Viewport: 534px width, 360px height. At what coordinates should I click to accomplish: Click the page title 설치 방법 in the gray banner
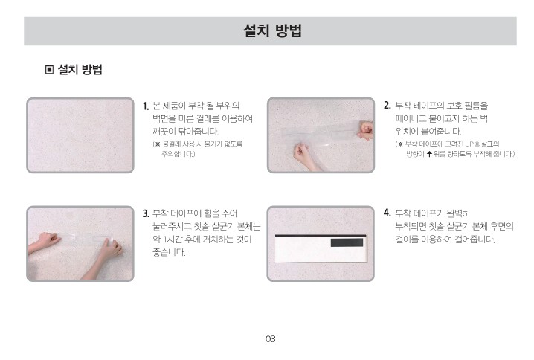pyautogui.click(x=272, y=30)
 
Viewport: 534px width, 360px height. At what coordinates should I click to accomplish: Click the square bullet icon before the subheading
pyautogui.click(x=49, y=70)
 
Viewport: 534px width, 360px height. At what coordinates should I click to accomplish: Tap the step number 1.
pyautogui.click(x=146, y=106)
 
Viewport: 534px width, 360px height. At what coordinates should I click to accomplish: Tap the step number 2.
pyautogui.click(x=387, y=106)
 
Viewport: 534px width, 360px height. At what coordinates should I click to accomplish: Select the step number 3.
pyautogui.click(x=146, y=213)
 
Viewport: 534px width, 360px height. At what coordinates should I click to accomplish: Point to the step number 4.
pyautogui.click(x=387, y=213)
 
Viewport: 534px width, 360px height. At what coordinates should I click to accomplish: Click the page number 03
pyautogui.click(x=271, y=339)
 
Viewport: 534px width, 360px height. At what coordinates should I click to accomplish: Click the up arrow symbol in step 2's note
pyautogui.click(x=429, y=154)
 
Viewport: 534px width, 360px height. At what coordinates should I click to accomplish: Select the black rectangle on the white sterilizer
pyautogui.click(x=347, y=242)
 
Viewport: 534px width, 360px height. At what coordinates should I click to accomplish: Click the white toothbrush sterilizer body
pyautogui.click(x=321, y=248)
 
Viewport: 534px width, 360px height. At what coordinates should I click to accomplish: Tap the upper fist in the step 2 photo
pyautogui.click(x=365, y=131)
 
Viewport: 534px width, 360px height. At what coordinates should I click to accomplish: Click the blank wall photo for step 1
pyautogui.click(x=80, y=135)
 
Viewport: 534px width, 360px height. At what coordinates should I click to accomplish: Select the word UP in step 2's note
pyautogui.click(x=469, y=144)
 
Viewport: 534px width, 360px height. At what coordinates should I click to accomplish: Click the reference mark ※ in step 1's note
pyautogui.click(x=158, y=144)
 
